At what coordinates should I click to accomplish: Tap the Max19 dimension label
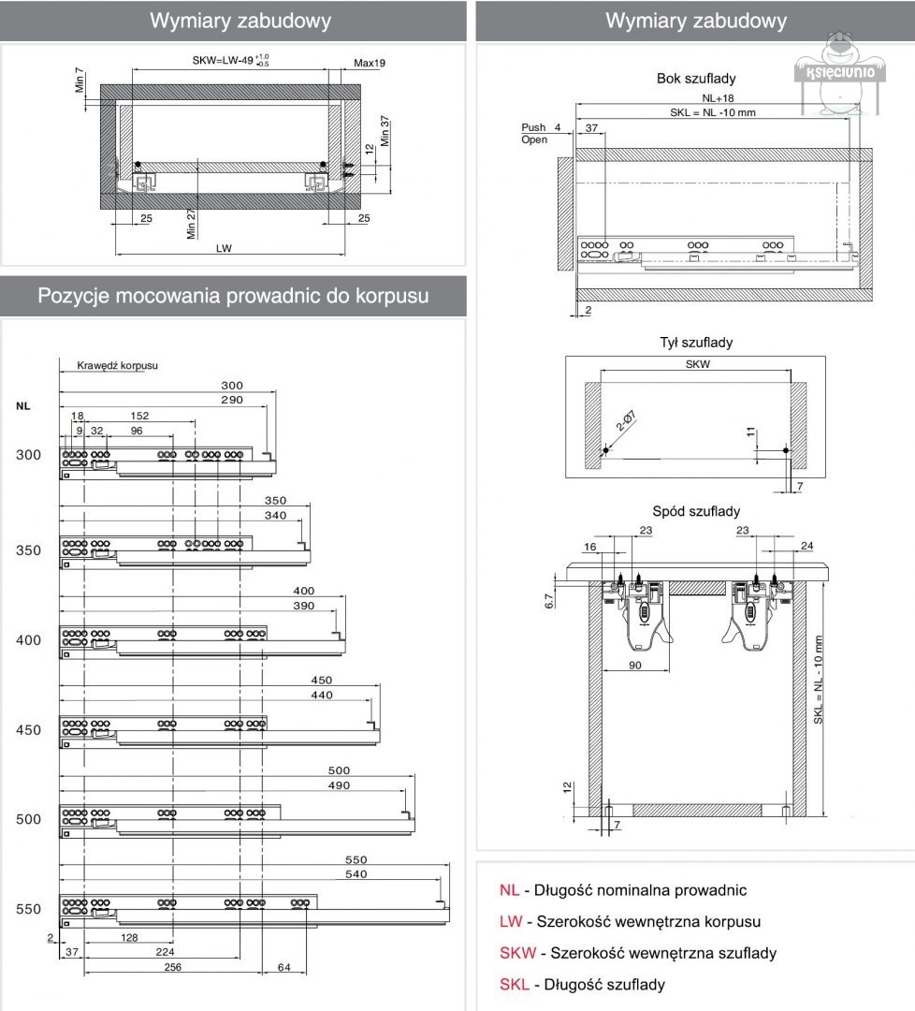(370, 63)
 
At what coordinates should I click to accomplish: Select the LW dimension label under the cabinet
(224, 248)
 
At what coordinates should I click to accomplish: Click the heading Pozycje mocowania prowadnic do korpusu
(233, 296)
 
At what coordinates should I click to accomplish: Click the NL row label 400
(29, 640)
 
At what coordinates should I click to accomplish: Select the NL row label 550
(29, 909)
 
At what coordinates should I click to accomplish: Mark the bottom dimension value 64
(283, 967)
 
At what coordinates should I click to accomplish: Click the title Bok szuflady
(695, 79)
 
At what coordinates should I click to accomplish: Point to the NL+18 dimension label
(718, 97)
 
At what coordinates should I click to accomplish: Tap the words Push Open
(534, 133)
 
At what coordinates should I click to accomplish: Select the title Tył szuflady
(696, 343)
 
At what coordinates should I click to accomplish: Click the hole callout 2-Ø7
(624, 426)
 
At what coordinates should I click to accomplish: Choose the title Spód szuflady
(696, 511)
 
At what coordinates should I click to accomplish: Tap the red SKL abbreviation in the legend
(515, 985)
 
